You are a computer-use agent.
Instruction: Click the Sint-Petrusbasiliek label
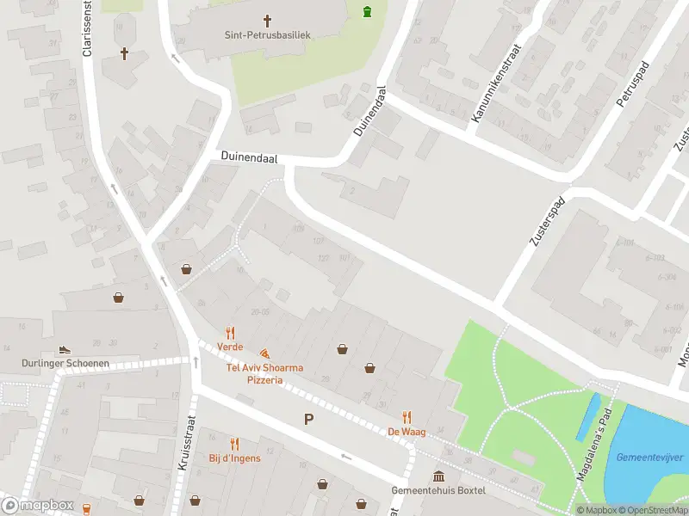click(x=267, y=35)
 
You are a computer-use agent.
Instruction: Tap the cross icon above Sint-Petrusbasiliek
click(x=267, y=20)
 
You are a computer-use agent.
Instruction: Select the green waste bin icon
click(x=369, y=11)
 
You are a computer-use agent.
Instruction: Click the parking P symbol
click(x=308, y=420)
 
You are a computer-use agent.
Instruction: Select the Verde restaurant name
click(x=230, y=347)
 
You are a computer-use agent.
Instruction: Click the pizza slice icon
click(x=264, y=353)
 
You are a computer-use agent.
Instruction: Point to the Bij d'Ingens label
click(x=234, y=458)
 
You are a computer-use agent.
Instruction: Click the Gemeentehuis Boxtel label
click(x=438, y=490)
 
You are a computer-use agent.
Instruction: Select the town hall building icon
click(x=439, y=476)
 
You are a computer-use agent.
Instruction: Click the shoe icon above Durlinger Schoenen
click(x=65, y=350)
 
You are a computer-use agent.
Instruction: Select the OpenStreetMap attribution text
click(x=651, y=510)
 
